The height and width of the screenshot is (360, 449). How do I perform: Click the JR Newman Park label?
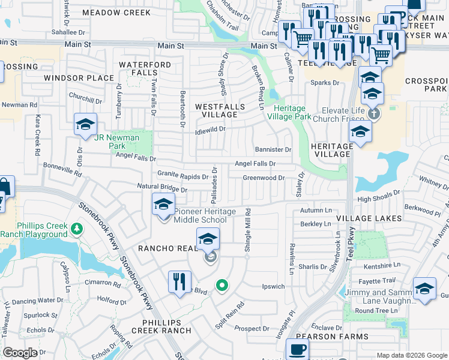click(x=117, y=142)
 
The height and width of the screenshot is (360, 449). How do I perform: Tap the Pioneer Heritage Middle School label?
click(x=200, y=215)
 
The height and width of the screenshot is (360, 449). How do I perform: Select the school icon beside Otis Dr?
click(x=85, y=124)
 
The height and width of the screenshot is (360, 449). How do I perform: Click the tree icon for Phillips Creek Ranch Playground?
click(x=76, y=229)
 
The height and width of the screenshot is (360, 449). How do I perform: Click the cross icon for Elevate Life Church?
click(x=373, y=113)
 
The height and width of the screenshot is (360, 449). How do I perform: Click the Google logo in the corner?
click(x=20, y=352)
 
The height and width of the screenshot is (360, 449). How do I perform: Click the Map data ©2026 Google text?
click(x=412, y=355)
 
